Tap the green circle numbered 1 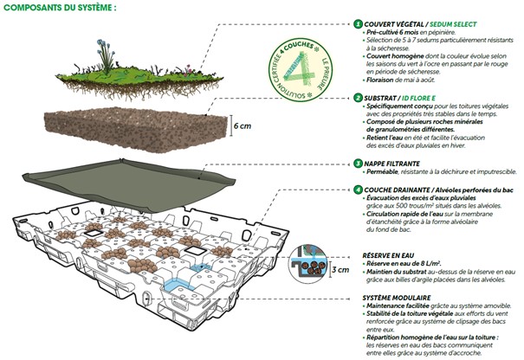coord(359,24)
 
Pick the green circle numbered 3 coord(359,162)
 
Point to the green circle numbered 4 coord(359,188)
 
